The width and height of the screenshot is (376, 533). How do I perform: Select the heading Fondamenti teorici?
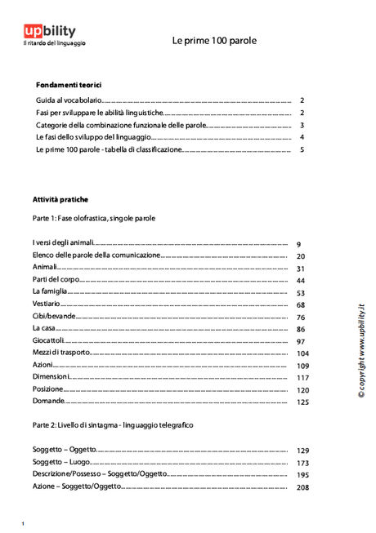pyautogui.click(x=69, y=85)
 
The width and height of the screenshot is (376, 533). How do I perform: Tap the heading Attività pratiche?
pyautogui.click(x=60, y=199)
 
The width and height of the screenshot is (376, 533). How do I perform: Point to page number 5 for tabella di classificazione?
pyautogui.click(x=302, y=150)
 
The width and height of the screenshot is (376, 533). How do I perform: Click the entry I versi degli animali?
pyautogui.click(x=64, y=243)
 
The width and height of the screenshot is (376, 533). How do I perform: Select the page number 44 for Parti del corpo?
pyautogui.click(x=300, y=281)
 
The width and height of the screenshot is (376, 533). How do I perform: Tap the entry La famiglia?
pyautogui.click(x=49, y=291)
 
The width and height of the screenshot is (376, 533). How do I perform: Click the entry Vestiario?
pyautogui.click(x=47, y=304)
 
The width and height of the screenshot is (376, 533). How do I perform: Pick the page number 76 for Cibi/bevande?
pyautogui.click(x=300, y=318)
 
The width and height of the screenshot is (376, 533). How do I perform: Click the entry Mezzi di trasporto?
pyautogui.click(x=61, y=353)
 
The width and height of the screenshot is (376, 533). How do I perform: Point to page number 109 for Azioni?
pyautogui.click(x=302, y=366)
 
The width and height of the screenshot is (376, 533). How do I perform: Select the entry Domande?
pyautogui.click(x=48, y=402)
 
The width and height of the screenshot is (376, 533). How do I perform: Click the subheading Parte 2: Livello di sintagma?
pyautogui.click(x=113, y=425)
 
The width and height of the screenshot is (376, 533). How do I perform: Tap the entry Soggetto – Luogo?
pyautogui.click(x=62, y=462)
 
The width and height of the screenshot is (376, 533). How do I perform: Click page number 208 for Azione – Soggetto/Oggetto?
pyautogui.click(x=302, y=487)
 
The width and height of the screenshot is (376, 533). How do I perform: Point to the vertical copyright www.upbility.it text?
pyautogui.click(x=360, y=351)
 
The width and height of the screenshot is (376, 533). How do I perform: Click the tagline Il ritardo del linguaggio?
pyautogui.click(x=54, y=43)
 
